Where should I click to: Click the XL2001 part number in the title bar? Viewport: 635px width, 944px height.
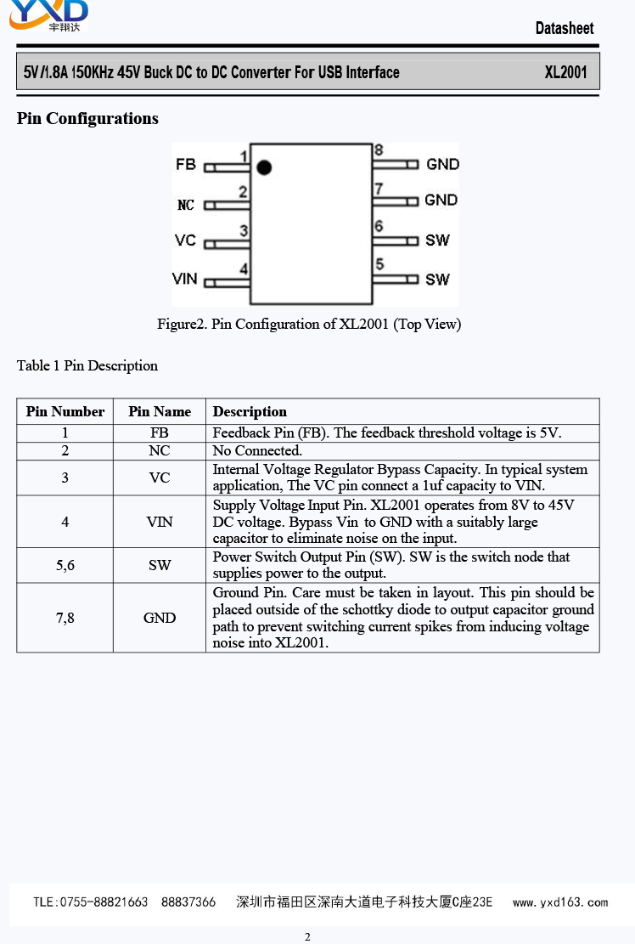coord(565,72)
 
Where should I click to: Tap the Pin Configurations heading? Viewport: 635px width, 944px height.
coord(87,118)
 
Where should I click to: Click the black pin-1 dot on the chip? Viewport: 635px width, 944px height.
coord(265,167)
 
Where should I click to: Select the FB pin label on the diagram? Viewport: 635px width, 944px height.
coord(186,164)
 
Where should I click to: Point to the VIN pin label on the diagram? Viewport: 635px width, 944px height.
coord(184,279)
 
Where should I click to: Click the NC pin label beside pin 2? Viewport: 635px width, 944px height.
coord(186,205)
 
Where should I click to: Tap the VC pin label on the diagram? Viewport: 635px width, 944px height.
coord(185,240)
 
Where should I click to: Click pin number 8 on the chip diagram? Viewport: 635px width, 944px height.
coord(379,150)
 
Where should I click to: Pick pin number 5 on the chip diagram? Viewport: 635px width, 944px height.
coord(379,265)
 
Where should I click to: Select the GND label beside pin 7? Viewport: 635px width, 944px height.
coord(441,200)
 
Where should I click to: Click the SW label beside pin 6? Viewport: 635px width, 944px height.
coord(437,240)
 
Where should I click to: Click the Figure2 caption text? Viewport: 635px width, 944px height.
coord(309,324)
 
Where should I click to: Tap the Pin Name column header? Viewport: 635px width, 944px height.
coord(160,411)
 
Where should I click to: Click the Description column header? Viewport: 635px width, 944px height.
coord(250,411)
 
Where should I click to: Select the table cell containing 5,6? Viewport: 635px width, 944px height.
coord(65,565)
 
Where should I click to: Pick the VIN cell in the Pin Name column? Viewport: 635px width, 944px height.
coord(160,522)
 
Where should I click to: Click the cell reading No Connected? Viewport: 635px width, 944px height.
coord(257,450)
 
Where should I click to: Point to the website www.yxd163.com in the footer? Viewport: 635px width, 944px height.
coord(560,902)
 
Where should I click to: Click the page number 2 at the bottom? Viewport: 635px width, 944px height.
coord(307,936)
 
